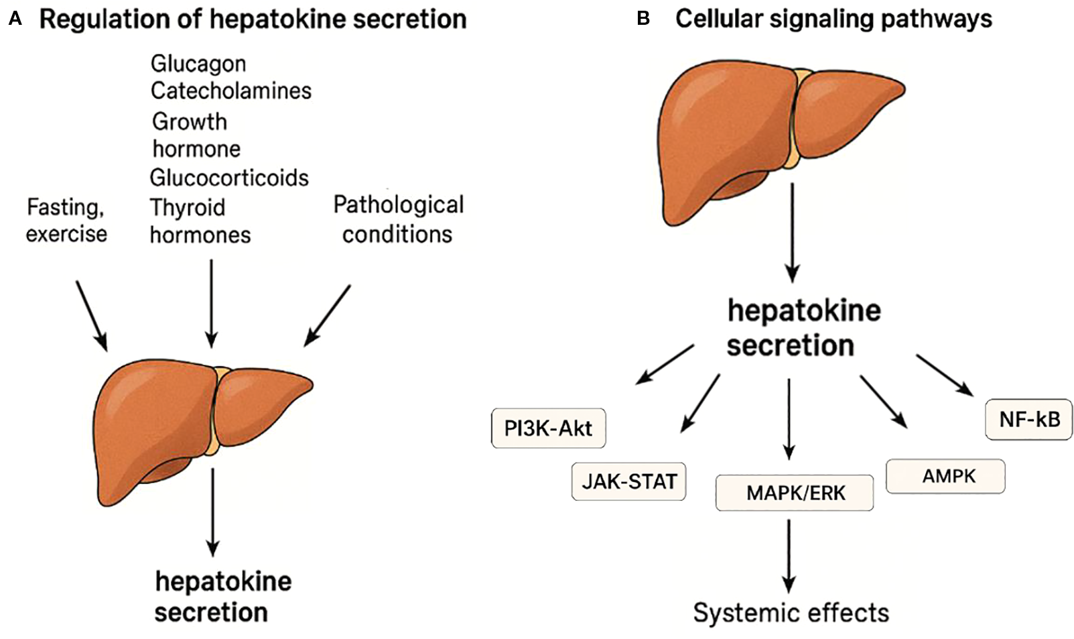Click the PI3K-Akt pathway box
coord(548,428)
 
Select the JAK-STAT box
coord(628,481)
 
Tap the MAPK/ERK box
coord(795,493)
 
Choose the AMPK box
coord(945,476)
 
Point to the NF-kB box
coord(1029,420)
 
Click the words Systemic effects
coord(791,612)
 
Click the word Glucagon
coord(198,64)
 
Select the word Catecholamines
coord(230,91)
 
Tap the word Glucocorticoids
coord(228,178)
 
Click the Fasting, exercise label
coord(66,220)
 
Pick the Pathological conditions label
coord(398,219)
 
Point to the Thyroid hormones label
coord(200,221)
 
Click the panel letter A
coord(15,19)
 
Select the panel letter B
coord(643,19)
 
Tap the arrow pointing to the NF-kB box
coord(945,375)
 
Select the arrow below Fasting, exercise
coord(91,315)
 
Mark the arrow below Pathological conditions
coord(328,315)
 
